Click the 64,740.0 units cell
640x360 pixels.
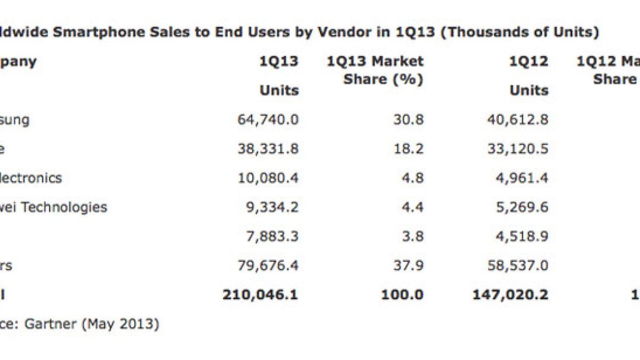268,119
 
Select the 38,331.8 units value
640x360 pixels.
268,149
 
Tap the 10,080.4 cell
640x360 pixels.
268,178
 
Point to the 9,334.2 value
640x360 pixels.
271,207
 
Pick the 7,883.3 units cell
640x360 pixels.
271,236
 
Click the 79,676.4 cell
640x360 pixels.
268,265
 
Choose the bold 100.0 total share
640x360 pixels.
402,294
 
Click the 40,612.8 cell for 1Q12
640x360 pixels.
517,119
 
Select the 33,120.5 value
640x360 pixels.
517,149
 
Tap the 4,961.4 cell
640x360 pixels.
521,178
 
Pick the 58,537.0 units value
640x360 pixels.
517,265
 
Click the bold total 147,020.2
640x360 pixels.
510,294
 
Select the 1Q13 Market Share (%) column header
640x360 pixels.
375,70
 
